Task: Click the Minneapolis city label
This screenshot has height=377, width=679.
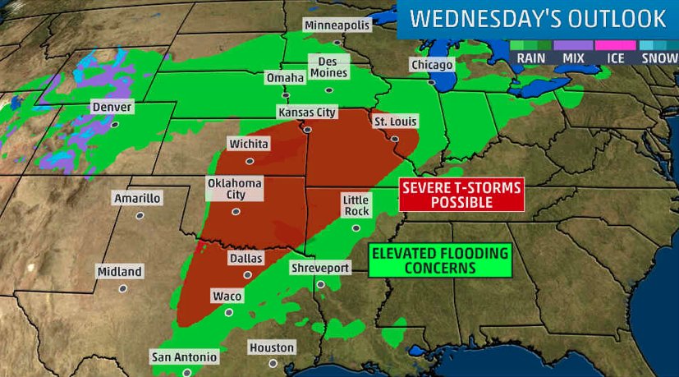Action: (x=337, y=25)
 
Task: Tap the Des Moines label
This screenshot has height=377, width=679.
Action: (x=328, y=67)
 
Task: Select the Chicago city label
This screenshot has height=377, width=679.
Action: (x=432, y=65)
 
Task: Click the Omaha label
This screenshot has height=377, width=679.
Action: (x=285, y=78)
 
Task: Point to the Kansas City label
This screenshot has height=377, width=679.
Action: (x=307, y=112)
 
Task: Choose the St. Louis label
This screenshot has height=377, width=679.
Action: (x=395, y=122)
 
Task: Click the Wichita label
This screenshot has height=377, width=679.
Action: (x=249, y=144)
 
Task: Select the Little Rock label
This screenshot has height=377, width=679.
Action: (x=356, y=205)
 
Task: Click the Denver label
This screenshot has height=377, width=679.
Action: (x=112, y=108)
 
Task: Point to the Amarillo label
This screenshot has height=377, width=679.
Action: (x=137, y=198)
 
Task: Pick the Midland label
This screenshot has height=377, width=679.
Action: (x=119, y=271)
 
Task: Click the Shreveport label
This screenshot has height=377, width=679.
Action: (x=320, y=268)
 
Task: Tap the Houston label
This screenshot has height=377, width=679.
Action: (x=272, y=347)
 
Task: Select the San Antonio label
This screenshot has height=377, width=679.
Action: (x=185, y=356)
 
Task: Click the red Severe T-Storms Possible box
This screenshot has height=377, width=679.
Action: (x=461, y=195)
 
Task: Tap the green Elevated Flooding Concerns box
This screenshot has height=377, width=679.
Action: (x=439, y=260)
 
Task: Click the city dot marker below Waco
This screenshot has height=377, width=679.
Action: (x=229, y=312)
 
